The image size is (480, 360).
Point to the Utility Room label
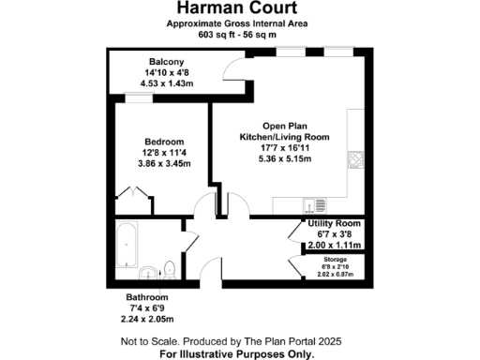point(336,224)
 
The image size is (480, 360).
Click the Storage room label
point(335,258)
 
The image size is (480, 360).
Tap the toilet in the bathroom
point(167,266)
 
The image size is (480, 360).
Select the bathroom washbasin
point(149,274)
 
